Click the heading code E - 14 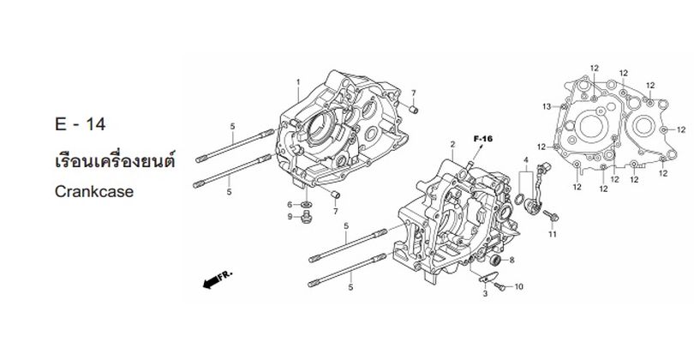[78, 125]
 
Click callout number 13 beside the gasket [545, 106]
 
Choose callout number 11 [553, 234]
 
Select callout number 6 [290, 204]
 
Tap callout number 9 [290, 216]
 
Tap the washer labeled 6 [306, 204]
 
